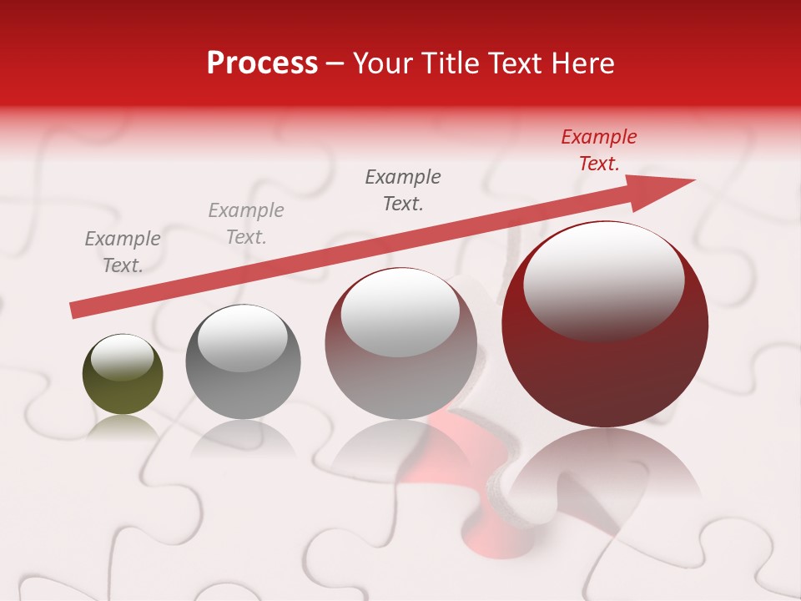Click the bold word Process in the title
point(262,63)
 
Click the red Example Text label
point(598,150)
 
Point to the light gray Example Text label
point(245,224)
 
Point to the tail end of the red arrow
point(77,310)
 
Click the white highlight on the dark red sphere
point(603,280)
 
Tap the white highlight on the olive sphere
point(122,356)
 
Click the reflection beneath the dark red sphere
point(605,467)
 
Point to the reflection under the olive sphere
point(123,427)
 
